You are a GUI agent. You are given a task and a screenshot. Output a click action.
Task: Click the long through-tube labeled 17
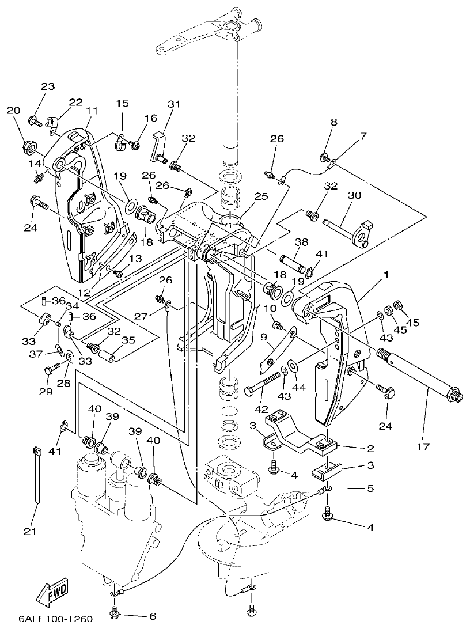point(415,374)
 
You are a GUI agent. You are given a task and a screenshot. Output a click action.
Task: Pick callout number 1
point(386,275)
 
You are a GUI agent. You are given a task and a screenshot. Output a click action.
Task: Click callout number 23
point(48,86)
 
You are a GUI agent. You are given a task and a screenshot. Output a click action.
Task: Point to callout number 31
point(174,104)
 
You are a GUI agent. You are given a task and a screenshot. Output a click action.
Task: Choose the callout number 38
point(301,242)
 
